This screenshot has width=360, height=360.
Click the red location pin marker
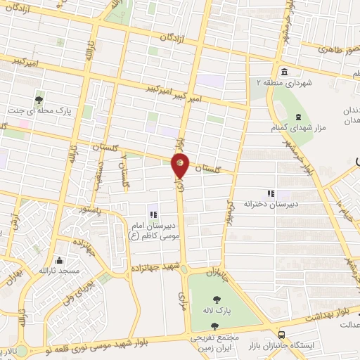pyautogui.click(x=180, y=166)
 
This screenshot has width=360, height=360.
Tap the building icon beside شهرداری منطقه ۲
pyautogui.click(x=284, y=72)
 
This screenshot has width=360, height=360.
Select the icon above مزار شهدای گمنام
pyautogui.click(x=298, y=117)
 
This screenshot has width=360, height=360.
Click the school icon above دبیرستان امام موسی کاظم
pyautogui.click(x=153, y=214)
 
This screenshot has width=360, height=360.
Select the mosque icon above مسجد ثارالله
pyautogui.click(x=59, y=259)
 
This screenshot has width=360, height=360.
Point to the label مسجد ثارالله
pyautogui.click(x=59, y=271)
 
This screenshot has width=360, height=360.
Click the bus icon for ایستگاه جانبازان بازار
pyautogui.click(x=281, y=335)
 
